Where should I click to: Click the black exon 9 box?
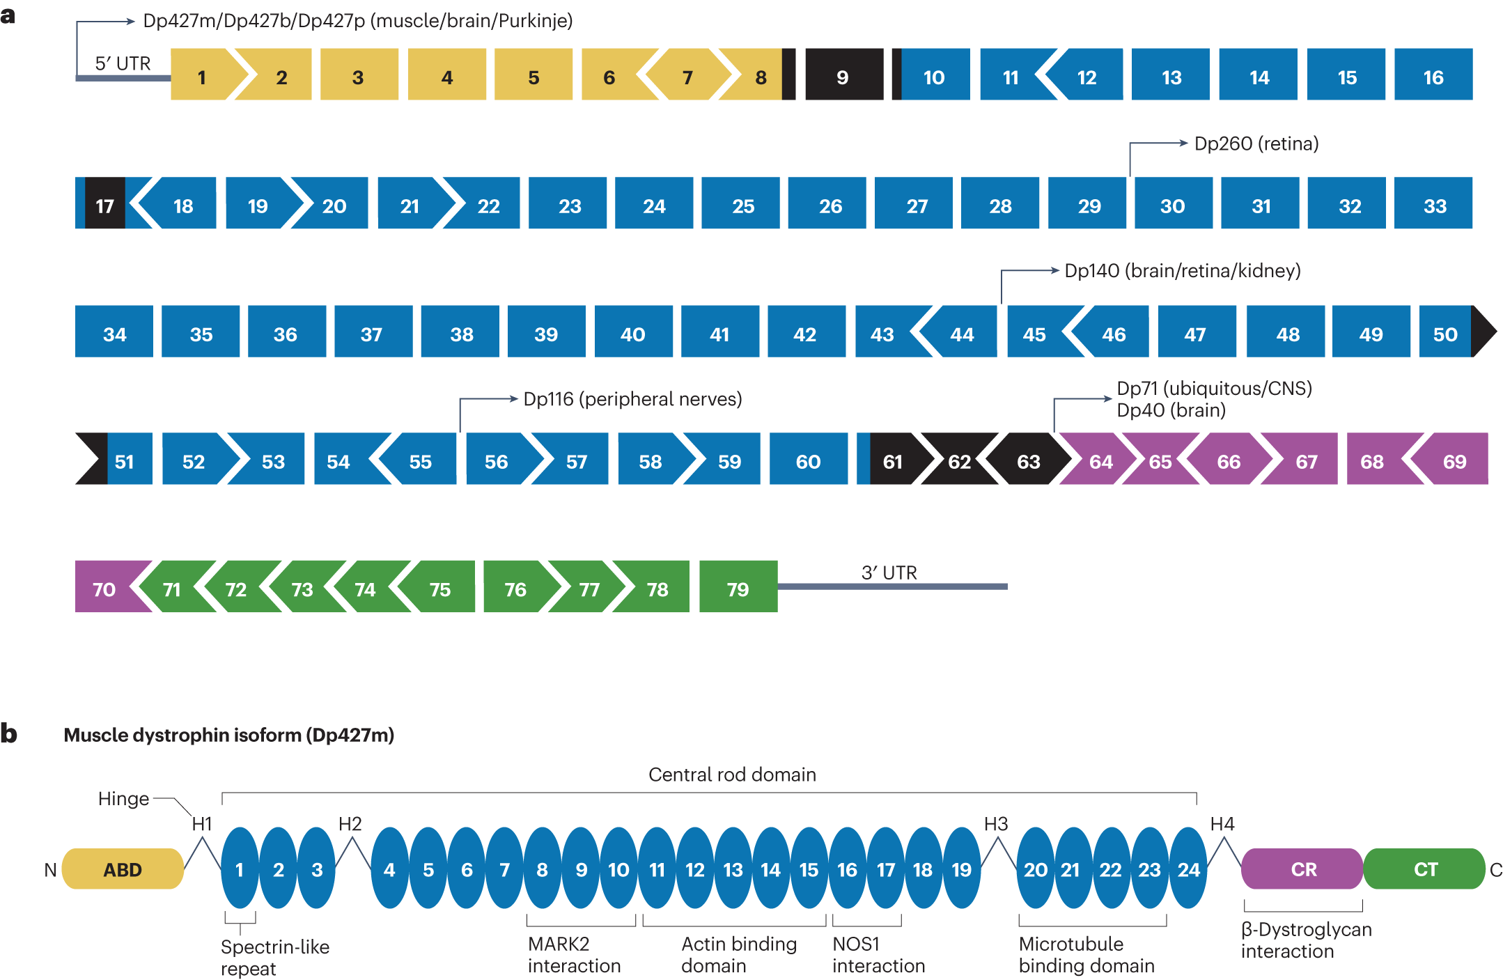pyautogui.click(x=843, y=75)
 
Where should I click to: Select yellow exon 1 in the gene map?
pyautogui.click(x=202, y=75)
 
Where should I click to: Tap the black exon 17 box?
pyautogui.click(x=104, y=203)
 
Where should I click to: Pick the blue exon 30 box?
pyautogui.click(x=1173, y=203)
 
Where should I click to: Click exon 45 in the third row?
pyautogui.click(x=1034, y=332)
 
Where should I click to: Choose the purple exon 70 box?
pyautogui.click(x=104, y=587)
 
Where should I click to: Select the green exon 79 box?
pyautogui.click(x=738, y=587)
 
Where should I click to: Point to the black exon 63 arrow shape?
pyautogui.click(x=1028, y=460)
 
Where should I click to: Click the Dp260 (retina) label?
pyautogui.click(x=1256, y=143)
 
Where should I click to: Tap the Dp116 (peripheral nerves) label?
pyautogui.click(x=632, y=399)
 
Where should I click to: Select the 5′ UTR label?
pyautogui.click(x=123, y=63)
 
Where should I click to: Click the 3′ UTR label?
pyautogui.click(x=889, y=573)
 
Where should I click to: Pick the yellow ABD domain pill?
pyautogui.click(x=123, y=869)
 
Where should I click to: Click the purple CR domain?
pyautogui.click(x=1302, y=869)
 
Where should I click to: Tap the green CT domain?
pyautogui.click(x=1424, y=869)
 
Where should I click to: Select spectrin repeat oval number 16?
pyautogui.click(x=847, y=869)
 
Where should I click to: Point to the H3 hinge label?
pyautogui.click(x=995, y=824)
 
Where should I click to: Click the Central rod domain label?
pyautogui.click(x=732, y=775)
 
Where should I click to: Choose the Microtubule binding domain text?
pyautogui.click(x=1086, y=954)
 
